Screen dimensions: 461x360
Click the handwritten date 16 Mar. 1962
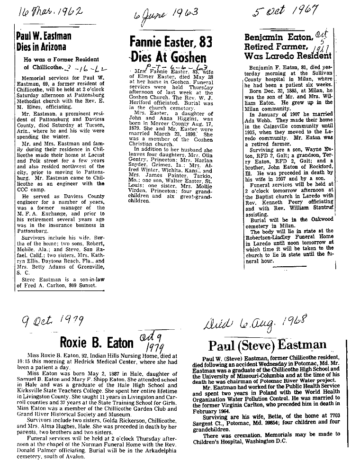[x=45, y=11]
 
